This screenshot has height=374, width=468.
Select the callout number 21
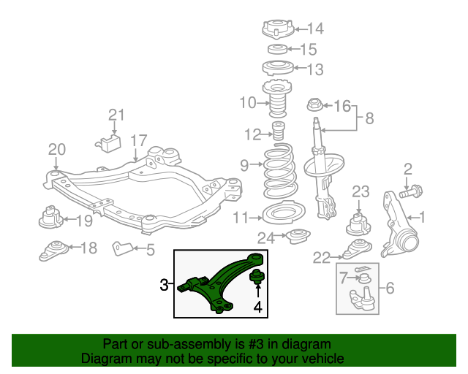[x=117, y=115]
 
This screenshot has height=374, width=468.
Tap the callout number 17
[x=139, y=140]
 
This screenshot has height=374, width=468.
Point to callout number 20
[x=57, y=150]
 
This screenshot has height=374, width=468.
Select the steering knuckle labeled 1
[x=399, y=226]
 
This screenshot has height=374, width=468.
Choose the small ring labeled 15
[x=277, y=49]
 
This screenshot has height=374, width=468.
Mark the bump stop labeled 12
[x=278, y=134]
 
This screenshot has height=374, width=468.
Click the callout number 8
[x=369, y=118]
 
